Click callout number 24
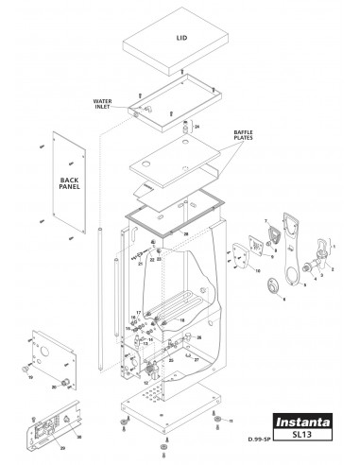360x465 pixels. pyautogui.click(x=197, y=126)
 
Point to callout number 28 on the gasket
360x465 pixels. pyautogui.click(x=186, y=232)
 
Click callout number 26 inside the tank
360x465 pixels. pyautogui.click(x=198, y=336)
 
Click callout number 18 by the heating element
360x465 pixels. pyautogui.click(x=133, y=319)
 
